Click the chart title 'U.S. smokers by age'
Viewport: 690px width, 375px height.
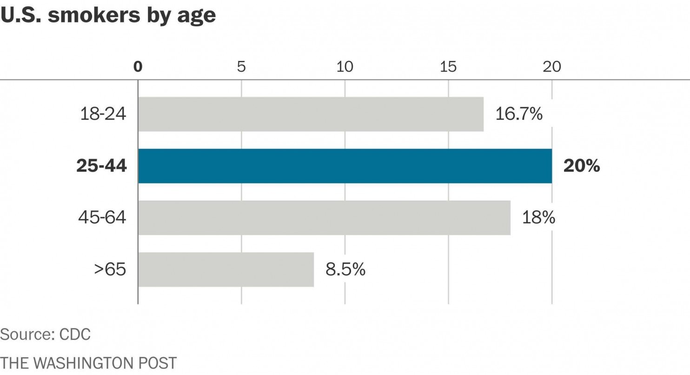108,15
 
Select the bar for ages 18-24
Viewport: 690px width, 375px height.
311,114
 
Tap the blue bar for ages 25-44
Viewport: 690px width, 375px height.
345,166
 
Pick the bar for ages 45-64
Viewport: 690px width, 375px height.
324,218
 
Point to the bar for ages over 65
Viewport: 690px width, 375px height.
226,269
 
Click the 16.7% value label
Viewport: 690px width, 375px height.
518,114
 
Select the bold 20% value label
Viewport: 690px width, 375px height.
581,166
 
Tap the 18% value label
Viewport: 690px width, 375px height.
538,218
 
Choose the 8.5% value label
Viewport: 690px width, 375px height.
345,269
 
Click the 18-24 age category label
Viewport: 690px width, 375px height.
103,114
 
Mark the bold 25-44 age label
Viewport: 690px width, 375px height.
101,166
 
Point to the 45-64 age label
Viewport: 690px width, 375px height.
102,218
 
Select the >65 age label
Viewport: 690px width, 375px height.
110,269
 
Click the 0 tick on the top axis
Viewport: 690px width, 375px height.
138,67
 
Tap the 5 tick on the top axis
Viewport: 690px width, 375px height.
241,67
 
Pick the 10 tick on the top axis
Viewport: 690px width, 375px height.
345,67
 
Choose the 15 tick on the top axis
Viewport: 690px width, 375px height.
448,67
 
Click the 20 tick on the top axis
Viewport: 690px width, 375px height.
552,67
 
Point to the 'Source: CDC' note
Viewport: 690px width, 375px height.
45,334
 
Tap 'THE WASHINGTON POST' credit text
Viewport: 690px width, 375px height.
88,363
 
